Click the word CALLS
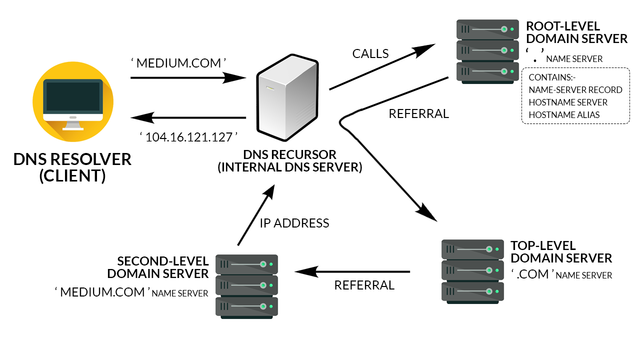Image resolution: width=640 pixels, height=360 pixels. [x=373, y=49]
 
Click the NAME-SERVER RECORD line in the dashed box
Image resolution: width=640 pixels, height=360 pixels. [x=572, y=89]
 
